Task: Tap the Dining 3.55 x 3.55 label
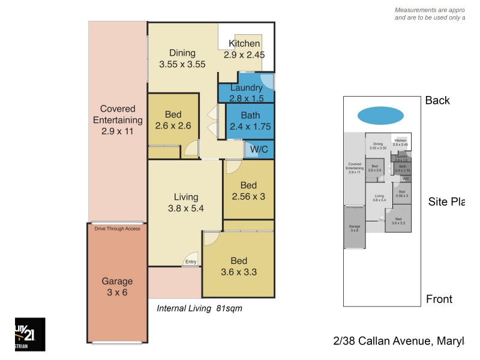(x=182, y=58)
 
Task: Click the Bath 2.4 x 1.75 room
(x=250, y=121)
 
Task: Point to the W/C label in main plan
(x=259, y=148)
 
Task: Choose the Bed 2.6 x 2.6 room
(x=173, y=121)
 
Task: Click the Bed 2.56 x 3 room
(x=248, y=190)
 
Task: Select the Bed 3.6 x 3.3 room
(x=239, y=266)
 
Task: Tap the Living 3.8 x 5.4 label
(x=185, y=203)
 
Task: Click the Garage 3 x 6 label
(x=117, y=287)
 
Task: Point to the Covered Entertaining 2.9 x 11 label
(x=118, y=121)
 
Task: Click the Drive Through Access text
(x=118, y=229)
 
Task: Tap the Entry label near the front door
(x=191, y=262)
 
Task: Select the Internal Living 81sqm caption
(x=199, y=308)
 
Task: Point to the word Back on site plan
(x=437, y=100)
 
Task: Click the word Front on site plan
(x=439, y=299)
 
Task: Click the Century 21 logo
(x=29, y=334)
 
